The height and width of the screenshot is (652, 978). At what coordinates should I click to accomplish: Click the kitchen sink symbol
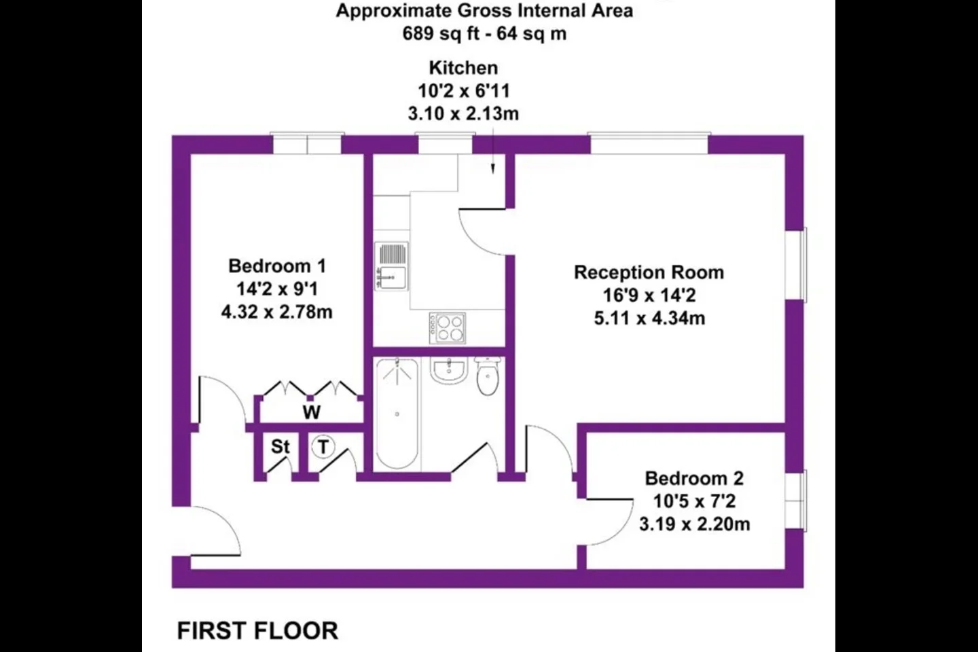click(391, 266)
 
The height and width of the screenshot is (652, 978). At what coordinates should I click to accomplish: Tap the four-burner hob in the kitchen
click(448, 328)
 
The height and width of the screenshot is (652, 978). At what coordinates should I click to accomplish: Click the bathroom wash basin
click(449, 371)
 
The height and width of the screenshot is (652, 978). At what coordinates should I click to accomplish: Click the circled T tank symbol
click(323, 447)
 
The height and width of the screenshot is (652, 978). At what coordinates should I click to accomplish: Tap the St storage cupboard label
click(280, 447)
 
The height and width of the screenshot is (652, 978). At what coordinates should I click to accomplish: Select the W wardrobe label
click(312, 412)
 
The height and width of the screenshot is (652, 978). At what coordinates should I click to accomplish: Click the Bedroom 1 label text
click(277, 266)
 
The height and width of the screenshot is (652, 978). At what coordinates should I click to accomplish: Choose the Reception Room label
click(649, 272)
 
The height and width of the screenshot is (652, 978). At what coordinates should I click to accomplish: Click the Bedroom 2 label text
click(694, 478)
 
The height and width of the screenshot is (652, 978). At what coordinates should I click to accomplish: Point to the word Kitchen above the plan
click(464, 68)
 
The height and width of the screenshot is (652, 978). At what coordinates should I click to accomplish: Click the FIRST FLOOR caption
click(257, 630)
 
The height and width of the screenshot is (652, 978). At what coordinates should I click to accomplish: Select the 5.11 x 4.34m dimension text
click(649, 318)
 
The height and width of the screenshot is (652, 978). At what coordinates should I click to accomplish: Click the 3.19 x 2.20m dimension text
click(695, 524)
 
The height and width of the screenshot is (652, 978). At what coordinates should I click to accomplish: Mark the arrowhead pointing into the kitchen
click(493, 168)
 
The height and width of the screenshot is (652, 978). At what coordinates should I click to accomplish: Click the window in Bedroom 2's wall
click(796, 501)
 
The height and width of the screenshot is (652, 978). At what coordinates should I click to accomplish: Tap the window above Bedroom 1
click(308, 143)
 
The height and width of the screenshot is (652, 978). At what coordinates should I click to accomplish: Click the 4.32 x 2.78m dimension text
click(277, 312)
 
